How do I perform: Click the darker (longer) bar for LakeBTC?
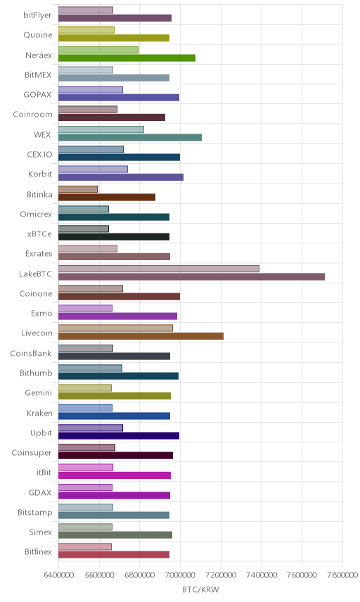click(191, 277)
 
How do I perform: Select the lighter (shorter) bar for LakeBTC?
click(159, 269)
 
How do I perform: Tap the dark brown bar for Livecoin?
click(141, 336)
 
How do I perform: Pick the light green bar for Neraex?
click(98, 50)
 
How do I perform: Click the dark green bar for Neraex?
click(127, 58)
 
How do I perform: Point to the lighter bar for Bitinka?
click(78, 189)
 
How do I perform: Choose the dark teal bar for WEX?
click(130, 137)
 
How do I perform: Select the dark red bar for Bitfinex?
click(114, 555)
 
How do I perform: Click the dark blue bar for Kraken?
click(115, 416)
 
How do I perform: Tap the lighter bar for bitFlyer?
click(86, 10)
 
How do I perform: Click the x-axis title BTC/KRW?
click(200, 590)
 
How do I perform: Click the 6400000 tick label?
click(58, 575)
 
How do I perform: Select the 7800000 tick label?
click(342, 575)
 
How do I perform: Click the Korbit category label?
click(40, 174)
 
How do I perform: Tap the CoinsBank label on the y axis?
click(31, 353)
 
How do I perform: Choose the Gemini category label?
click(39, 392)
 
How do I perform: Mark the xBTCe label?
click(39, 233)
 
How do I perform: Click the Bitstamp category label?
click(35, 513)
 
